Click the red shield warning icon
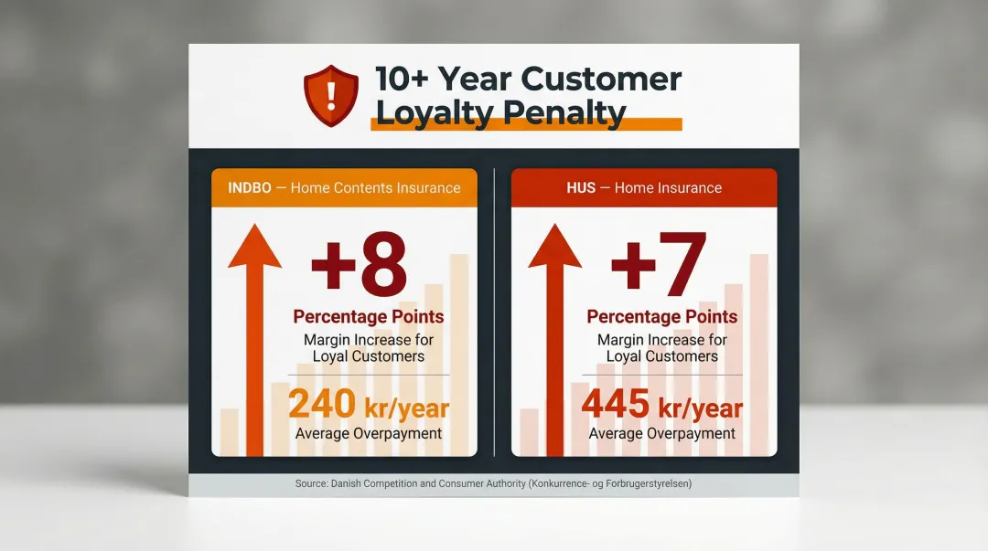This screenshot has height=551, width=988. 331,95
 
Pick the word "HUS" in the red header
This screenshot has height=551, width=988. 581,188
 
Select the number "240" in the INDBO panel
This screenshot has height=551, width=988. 322,405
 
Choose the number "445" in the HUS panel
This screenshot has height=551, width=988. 615,405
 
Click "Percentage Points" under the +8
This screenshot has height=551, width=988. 369,317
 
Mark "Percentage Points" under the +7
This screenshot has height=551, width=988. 661,317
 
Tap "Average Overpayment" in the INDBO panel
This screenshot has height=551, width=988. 369,433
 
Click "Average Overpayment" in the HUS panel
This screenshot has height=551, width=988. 661,433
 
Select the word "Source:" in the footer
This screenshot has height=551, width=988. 312,483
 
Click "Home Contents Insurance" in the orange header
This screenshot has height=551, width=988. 375,188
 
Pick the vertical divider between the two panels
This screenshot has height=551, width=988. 494,311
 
